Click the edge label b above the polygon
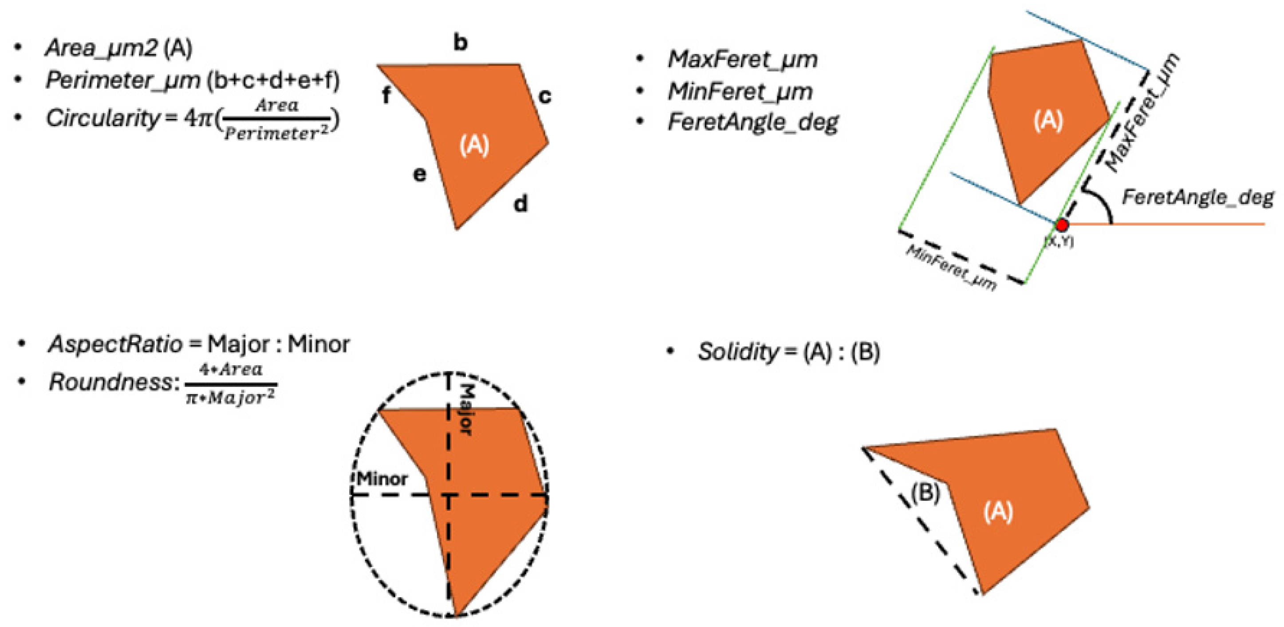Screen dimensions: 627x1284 [x=461, y=43]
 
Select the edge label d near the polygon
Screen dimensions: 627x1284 [x=520, y=203]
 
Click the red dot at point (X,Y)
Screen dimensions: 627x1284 [x=1062, y=225]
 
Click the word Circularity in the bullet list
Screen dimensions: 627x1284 [x=102, y=118]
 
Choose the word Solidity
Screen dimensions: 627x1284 [x=738, y=352]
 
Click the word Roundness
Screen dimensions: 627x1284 [x=110, y=383]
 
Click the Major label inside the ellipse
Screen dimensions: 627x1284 [x=465, y=410]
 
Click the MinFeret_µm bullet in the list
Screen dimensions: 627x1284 [x=740, y=91]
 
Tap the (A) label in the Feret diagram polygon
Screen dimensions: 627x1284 [x=1048, y=121]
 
